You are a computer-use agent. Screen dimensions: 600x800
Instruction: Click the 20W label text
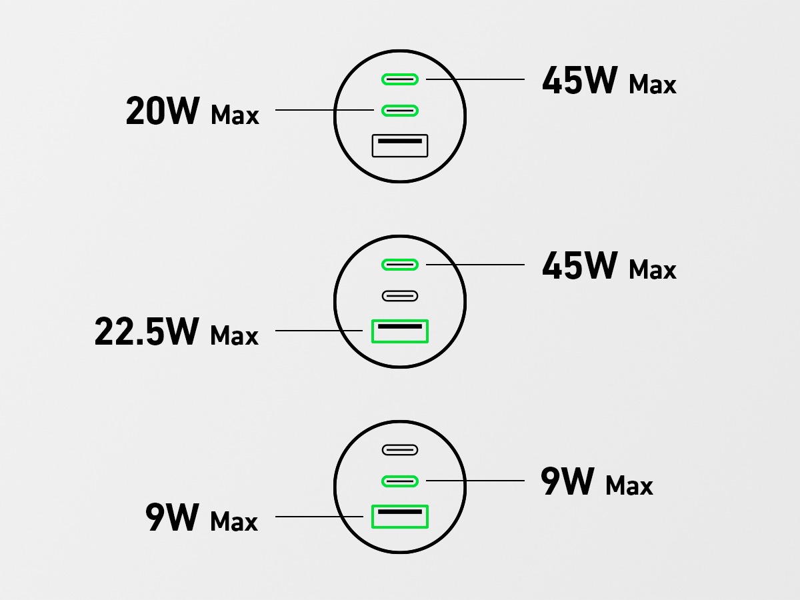(x=162, y=111)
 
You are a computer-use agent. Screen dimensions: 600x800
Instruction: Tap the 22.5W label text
(x=147, y=332)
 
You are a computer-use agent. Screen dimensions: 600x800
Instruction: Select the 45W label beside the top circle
(x=579, y=81)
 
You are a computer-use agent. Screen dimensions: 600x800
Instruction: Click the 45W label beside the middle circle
(x=579, y=266)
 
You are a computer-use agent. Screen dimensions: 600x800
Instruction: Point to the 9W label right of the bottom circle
(x=567, y=482)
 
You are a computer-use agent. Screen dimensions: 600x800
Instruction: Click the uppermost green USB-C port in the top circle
(x=400, y=80)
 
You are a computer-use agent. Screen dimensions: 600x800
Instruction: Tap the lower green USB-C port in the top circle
(x=400, y=110)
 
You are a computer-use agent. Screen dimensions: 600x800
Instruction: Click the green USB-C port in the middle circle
(x=400, y=265)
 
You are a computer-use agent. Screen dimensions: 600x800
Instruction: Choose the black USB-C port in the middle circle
(x=400, y=295)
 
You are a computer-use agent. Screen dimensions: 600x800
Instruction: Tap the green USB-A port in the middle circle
(x=400, y=331)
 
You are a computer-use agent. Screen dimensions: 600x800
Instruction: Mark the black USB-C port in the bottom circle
(x=400, y=450)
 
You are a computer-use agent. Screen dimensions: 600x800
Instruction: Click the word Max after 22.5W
(x=234, y=335)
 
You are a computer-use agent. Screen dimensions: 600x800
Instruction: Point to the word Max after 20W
(x=235, y=115)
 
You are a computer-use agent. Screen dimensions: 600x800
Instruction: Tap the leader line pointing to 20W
(x=323, y=109)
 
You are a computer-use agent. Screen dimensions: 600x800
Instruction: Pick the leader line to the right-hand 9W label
(x=477, y=480)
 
